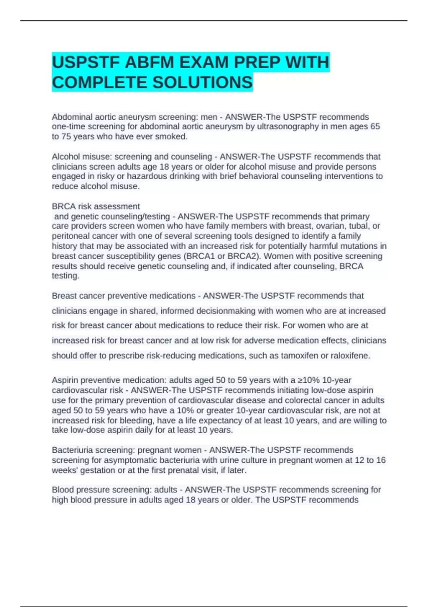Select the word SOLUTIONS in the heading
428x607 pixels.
tap(203, 82)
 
